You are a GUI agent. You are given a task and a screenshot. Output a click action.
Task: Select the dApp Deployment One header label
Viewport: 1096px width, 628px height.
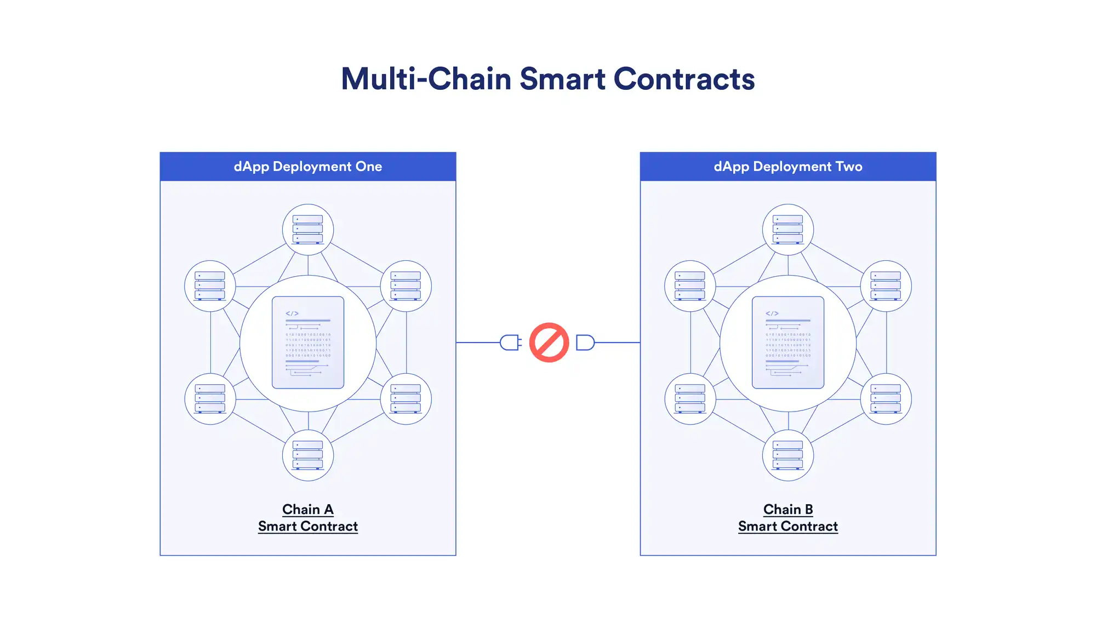pyautogui.click(x=308, y=167)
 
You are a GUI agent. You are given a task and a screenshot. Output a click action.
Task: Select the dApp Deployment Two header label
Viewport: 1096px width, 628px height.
pyautogui.click(x=788, y=167)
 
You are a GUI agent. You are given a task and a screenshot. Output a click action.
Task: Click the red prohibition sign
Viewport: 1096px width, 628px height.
pyautogui.click(x=549, y=342)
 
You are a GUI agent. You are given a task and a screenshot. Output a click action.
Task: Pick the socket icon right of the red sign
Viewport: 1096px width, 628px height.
pyautogui.click(x=585, y=342)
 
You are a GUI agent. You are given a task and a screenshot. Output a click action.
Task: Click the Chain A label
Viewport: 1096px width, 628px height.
pyautogui.click(x=308, y=509)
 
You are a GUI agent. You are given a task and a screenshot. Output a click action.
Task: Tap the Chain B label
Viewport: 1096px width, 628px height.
pyautogui.click(x=788, y=509)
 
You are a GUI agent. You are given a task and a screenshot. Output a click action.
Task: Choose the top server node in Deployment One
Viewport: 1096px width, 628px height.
pyautogui.click(x=308, y=230)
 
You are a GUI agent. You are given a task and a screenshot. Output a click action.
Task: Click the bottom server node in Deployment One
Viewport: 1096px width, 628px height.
pyautogui.click(x=308, y=455)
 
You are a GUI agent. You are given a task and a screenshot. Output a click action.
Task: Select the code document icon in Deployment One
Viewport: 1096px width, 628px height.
pyautogui.click(x=308, y=342)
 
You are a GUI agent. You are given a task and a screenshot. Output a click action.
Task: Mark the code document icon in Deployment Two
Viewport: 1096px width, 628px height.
pyautogui.click(x=788, y=342)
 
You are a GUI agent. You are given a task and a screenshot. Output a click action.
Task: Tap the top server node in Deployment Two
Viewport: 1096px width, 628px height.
pyautogui.click(x=788, y=230)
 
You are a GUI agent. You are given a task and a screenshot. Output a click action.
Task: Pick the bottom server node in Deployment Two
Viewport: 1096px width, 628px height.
pyautogui.click(x=788, y=455)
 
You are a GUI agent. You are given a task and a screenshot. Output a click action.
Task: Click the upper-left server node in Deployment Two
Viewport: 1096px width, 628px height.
pyautogui.click(x=690, y=286)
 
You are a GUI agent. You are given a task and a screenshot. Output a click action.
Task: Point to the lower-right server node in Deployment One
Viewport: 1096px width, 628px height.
pyautogui.click(x=406, y=399)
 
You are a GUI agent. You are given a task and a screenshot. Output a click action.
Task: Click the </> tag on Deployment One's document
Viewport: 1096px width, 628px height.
pyautogui.click(x=292, y=313)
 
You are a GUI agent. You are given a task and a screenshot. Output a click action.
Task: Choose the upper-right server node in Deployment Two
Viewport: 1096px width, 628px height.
pyautogui.click(x=886, y=286)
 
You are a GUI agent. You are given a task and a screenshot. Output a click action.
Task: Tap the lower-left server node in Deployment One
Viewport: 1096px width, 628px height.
pyautogui.click(x=210, y=399)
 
